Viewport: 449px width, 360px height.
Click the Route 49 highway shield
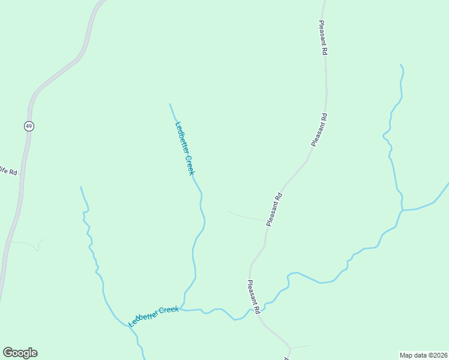[29, 126]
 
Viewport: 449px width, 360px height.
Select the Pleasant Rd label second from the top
[319, 130]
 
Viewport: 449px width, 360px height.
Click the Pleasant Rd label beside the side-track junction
[274, 209]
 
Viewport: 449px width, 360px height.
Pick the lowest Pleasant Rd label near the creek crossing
[253, 297]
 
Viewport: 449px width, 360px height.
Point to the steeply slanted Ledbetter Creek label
[185, 148]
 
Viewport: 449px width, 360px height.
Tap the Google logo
[20, 353]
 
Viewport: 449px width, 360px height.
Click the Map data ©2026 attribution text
[423, 355]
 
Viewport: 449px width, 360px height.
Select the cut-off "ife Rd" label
[8, 171]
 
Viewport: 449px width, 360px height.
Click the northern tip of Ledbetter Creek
[170, 104]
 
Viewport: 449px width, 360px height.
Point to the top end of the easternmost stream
[400, 64]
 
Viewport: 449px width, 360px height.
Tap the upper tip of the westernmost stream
[81, 187]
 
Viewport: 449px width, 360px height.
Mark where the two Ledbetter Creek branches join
[184, 310]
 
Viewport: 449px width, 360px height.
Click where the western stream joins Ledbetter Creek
[128, 326]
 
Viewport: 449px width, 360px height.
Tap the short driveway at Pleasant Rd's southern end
[300, 346]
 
